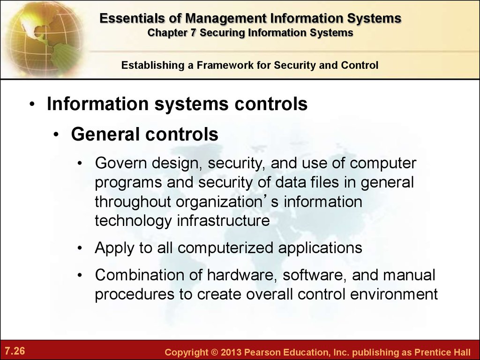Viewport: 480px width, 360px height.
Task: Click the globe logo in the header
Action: coord(42,38)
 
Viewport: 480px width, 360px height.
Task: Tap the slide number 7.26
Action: coord(15,351)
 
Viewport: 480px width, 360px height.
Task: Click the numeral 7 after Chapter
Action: coord(193,32)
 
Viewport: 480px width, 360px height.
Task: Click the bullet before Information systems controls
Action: coord(32,105)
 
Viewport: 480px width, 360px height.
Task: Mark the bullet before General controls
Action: coord(56,135)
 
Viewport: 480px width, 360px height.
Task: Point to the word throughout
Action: coord(133,202)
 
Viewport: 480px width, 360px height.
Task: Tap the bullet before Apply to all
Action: coord(80,247)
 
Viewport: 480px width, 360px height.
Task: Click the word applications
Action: coord(320,248)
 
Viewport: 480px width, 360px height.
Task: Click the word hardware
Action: coord(242,275)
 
